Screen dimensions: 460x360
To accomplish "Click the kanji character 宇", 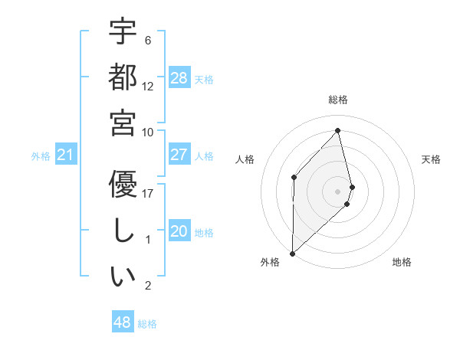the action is point(123,32).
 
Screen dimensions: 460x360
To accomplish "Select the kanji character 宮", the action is point(123,123).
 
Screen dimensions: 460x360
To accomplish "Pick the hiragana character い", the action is point(123,277).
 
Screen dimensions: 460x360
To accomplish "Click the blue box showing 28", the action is point(179,78).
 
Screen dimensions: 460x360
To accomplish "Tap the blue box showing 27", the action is point(179,155).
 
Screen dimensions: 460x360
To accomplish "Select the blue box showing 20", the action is point(179,231).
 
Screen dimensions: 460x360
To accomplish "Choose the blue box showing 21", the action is point(65,155).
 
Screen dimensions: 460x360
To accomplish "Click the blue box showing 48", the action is point(122,322).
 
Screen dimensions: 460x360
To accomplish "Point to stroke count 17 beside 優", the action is point(148,194).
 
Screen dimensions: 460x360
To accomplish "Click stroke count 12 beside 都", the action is point(148,86).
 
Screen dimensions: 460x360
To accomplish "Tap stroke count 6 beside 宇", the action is point(148,40).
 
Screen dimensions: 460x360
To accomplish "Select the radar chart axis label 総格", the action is point(338,100).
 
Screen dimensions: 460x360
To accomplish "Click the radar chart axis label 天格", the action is point(432,159).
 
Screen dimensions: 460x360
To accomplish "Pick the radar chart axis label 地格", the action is point(402,262).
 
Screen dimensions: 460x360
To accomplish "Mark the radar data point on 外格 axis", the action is point(292,253).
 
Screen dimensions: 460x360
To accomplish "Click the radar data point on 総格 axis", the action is point(338,130).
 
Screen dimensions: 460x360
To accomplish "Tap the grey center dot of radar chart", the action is point(338,190).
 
